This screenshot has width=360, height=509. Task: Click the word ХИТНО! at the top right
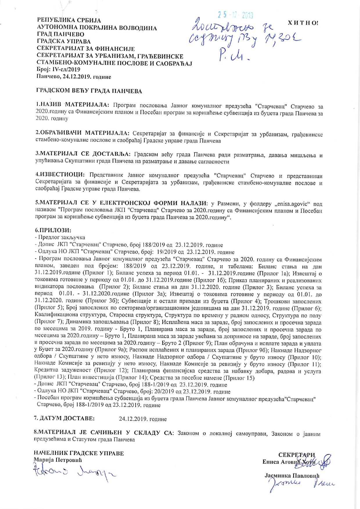(x=303, y=23)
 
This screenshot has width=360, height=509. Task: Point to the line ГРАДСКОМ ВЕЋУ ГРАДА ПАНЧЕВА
(x=89, y=91)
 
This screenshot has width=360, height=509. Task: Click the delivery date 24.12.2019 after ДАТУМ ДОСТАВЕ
(x=143, y=419)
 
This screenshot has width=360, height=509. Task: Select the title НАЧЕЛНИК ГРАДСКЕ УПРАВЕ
(x=79, y=453)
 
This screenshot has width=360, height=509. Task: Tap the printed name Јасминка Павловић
(x=292, y=476)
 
